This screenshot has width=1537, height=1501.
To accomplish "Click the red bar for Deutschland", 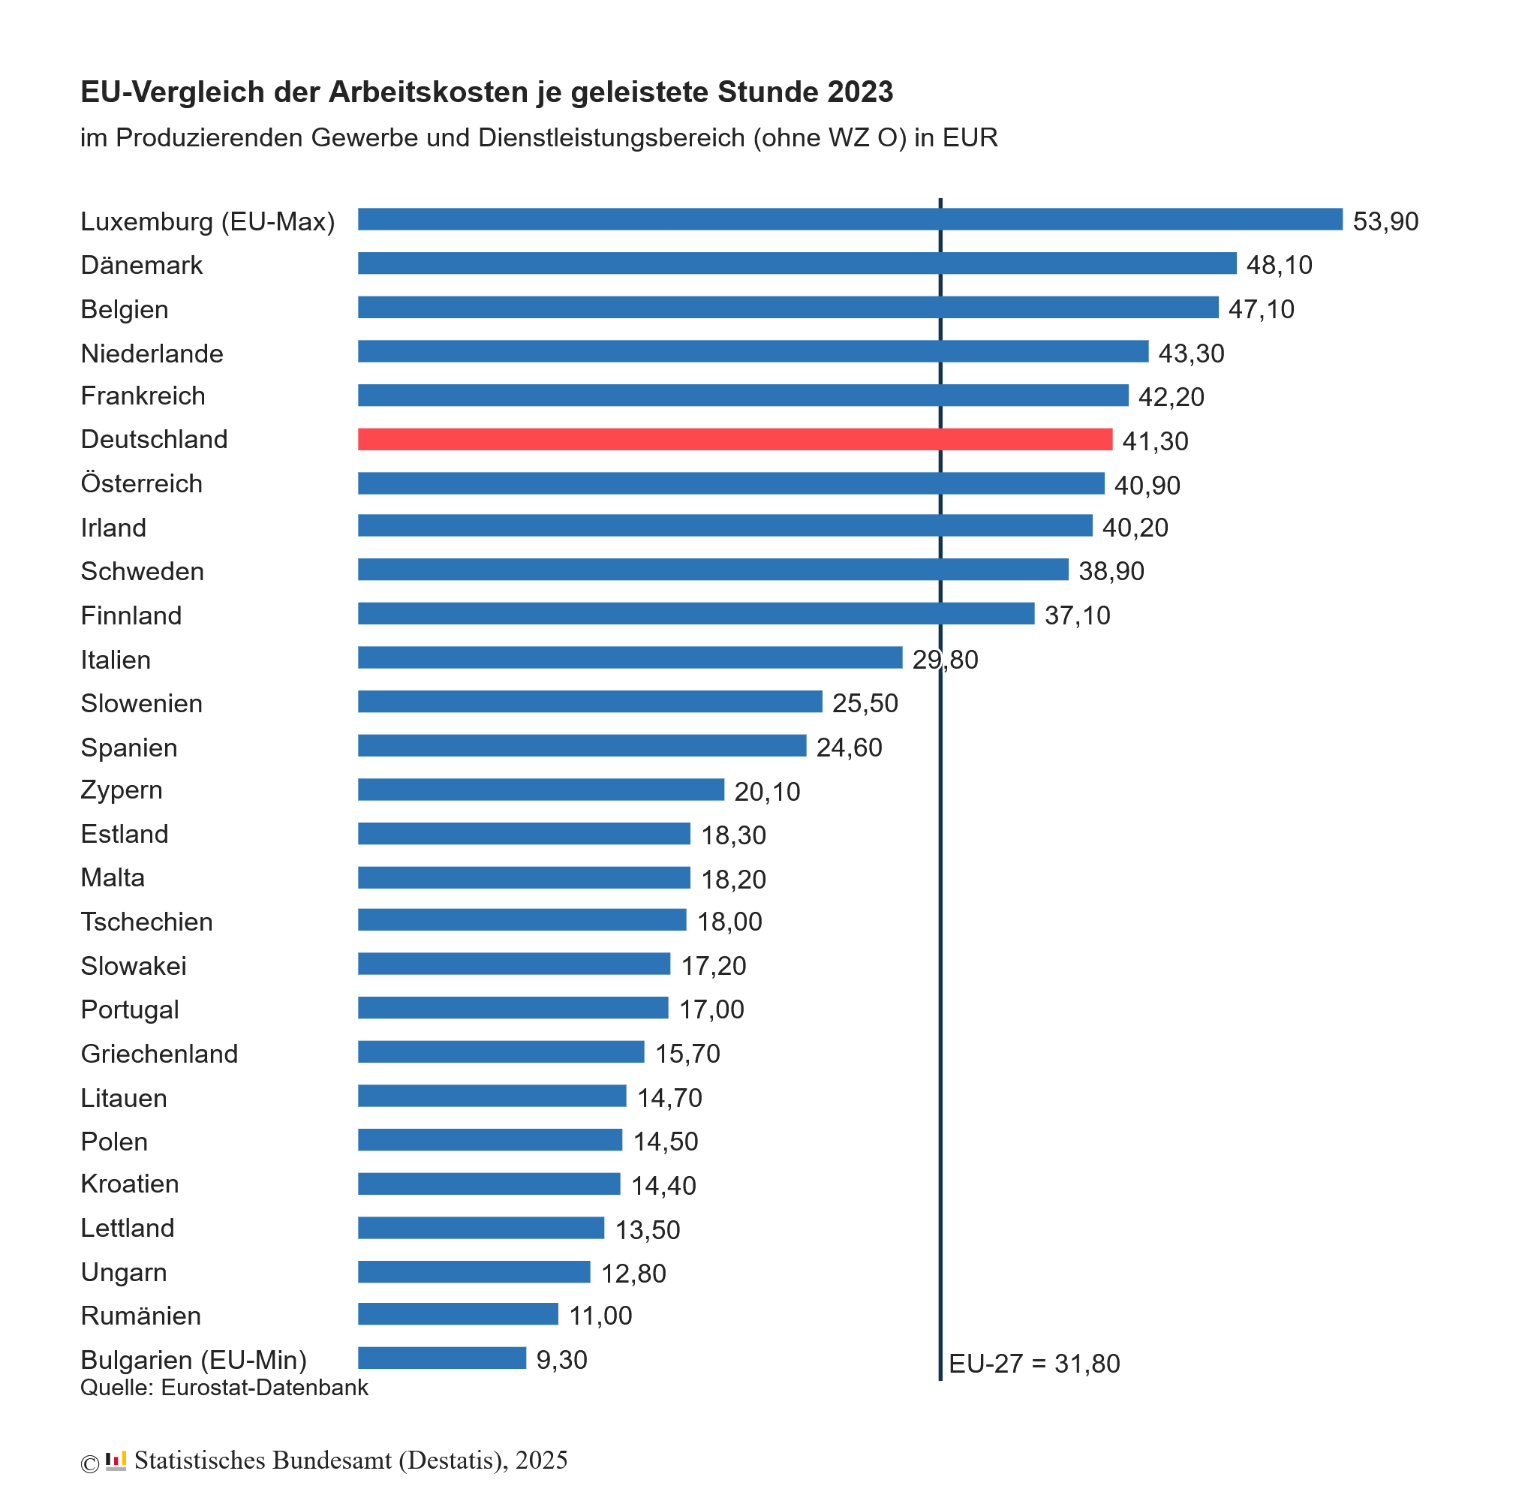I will tap(735, 440).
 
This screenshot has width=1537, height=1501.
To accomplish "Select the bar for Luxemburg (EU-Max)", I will tap(850, 220).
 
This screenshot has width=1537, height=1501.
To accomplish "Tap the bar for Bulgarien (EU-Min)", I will tap(441, 1358).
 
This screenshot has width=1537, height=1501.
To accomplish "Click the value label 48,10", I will tap(1280, 265).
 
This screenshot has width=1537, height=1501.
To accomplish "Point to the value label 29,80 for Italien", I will tap(945, 660).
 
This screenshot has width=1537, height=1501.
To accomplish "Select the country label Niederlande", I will tap(152, 353).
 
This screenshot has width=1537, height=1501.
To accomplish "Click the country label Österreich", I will tap(142, 483).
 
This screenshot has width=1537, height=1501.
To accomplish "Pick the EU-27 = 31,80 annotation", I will tap(1034, 1364).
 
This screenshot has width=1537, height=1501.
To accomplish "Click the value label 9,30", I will tap(562, 1360).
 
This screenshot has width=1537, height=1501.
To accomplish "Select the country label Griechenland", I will tap(159, 1054).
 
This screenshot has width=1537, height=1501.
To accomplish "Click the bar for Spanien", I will tap(582, 746).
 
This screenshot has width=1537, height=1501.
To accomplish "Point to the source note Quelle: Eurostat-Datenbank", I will tap(224, 1388).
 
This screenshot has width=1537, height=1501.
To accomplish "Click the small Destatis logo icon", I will tap(116, 1460).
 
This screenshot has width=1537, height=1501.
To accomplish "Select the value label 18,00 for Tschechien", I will tap(730, 922).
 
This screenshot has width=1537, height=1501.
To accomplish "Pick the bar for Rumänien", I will tap(458, 1314).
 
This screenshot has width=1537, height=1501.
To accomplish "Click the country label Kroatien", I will tap(130, 1184).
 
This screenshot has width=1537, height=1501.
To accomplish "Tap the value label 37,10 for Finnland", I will tap(1078, 615).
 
